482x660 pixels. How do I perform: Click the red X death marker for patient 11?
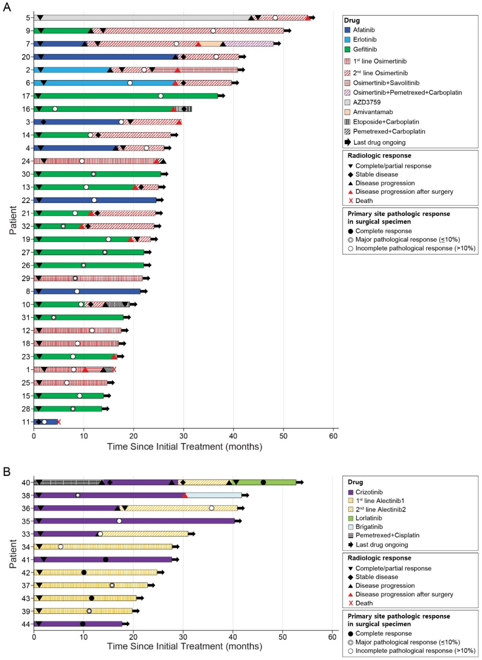click(x=59, y=422)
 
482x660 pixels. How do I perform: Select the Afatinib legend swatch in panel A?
click(x=347, y=30)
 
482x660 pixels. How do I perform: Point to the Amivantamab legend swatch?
click(x=347, y=112)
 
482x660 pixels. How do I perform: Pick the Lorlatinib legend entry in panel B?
click(x=368, y=518)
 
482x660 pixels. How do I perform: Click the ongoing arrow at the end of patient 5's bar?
click(x=312, y=18)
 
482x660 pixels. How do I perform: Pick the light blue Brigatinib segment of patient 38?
click(x=214, y=495)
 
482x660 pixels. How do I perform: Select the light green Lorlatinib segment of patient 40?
click(x=280, y=482)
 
